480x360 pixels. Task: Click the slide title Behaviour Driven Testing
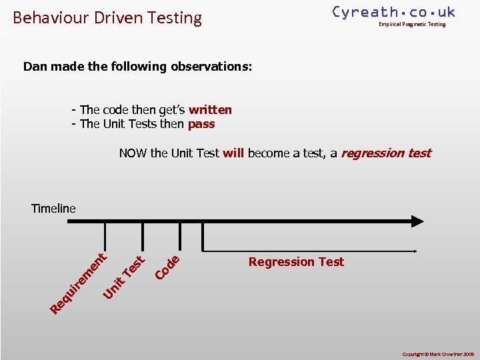click(107, 17)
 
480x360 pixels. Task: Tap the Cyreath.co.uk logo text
click(393, 11)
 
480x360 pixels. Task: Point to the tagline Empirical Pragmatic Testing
click(411, 25)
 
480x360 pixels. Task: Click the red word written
click(210, 110)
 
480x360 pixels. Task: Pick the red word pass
click(201, 124)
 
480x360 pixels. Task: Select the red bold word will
click(233, 153)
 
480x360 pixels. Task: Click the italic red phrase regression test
click(386, 153)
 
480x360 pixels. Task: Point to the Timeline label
click(53, 209)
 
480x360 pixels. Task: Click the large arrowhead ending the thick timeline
click(417, 221)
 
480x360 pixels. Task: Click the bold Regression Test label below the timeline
click(296, 262)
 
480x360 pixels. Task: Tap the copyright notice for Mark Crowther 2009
click(437, 353)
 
